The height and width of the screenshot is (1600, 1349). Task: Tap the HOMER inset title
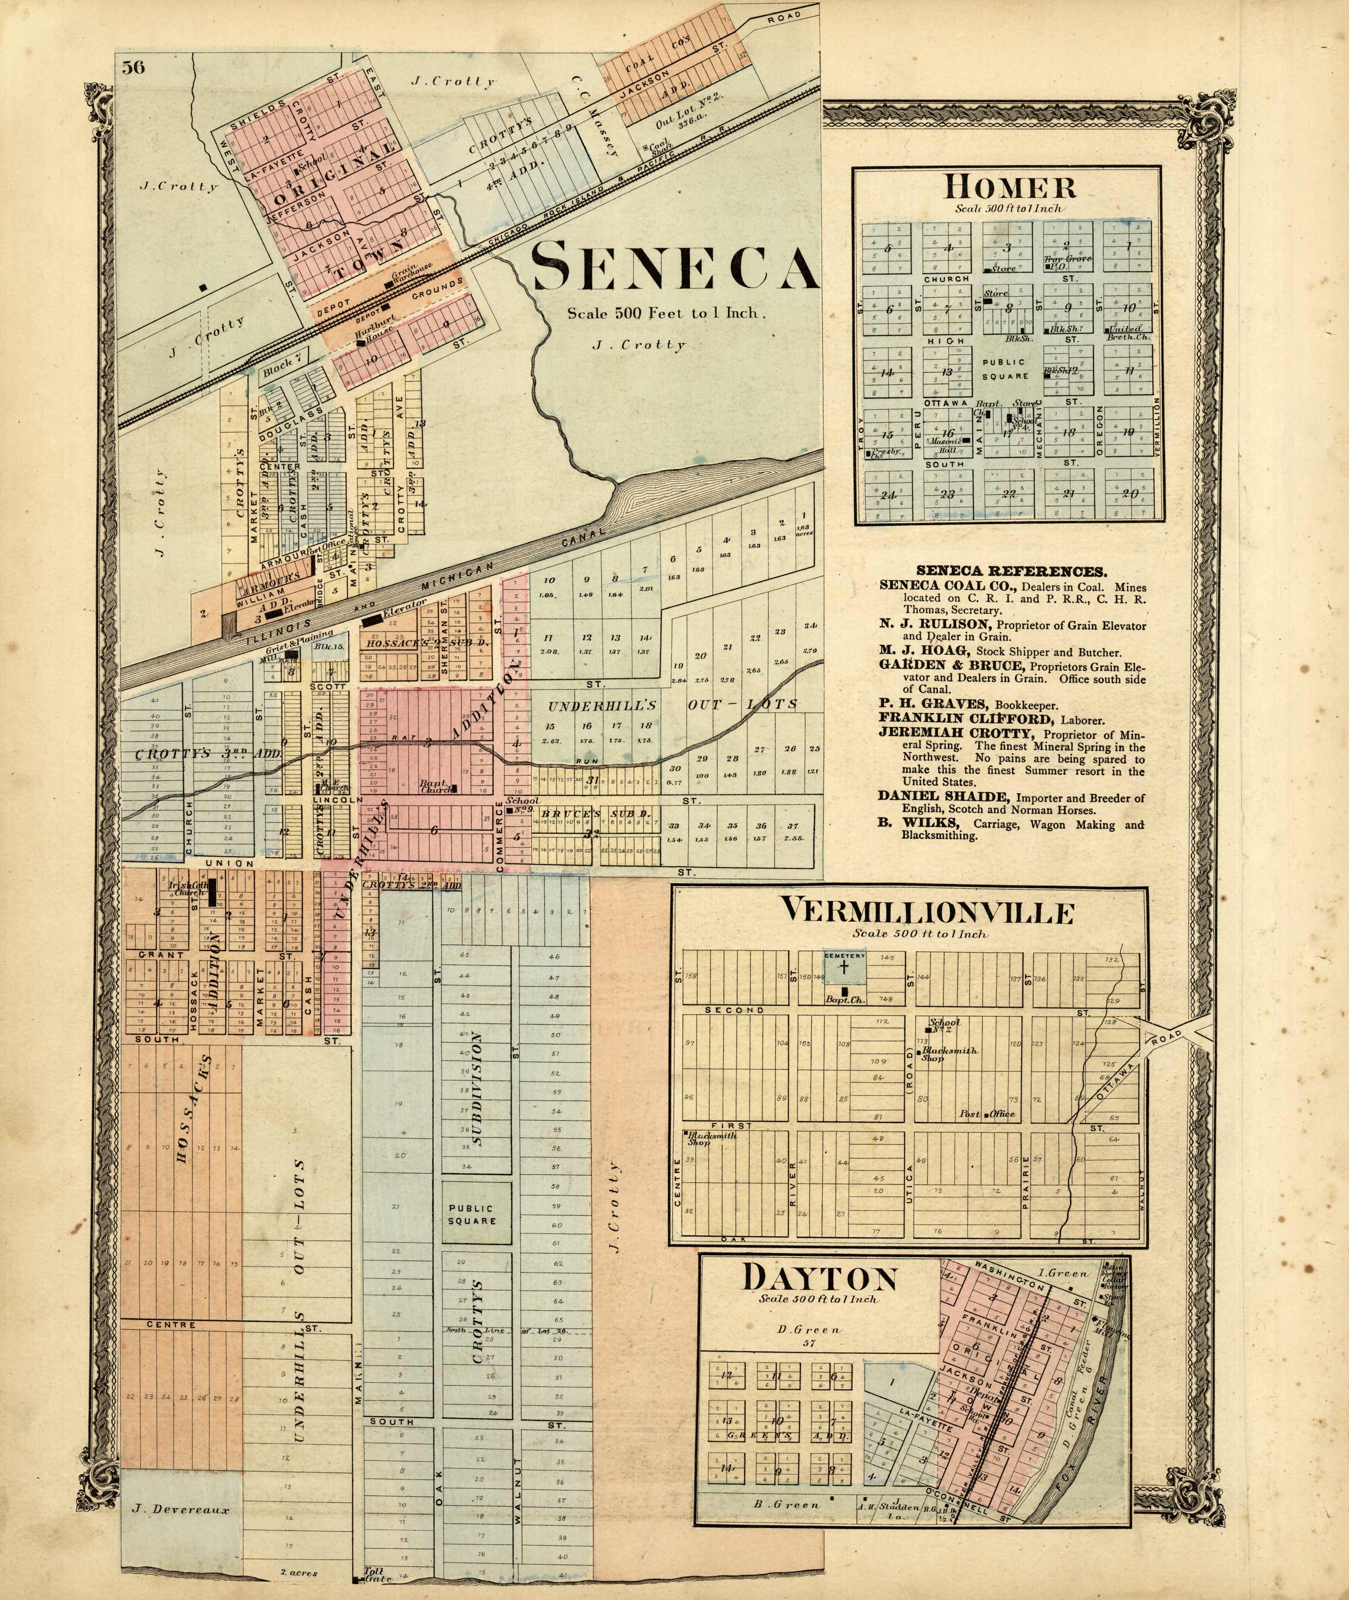point(1010,187)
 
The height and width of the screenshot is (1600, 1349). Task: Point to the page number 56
point(132,67)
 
